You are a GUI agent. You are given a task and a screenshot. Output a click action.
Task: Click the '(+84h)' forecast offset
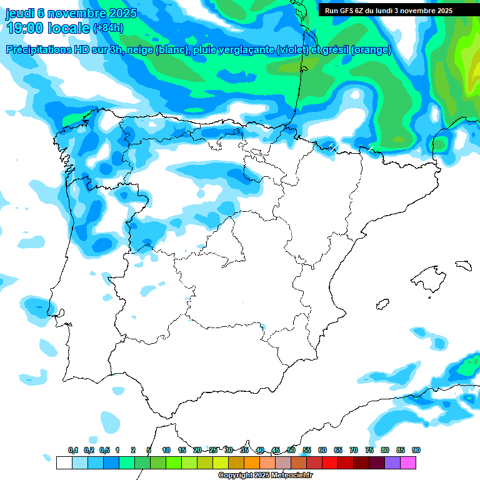tap(108, 28)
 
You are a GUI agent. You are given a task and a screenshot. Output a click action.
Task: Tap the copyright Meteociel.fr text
tap(266, 475)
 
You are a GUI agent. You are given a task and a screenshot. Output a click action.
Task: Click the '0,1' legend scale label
tap(73, 451)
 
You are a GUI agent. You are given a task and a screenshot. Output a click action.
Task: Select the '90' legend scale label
tap(416, 451)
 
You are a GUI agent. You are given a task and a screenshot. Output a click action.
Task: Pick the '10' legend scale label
tap(166, 451)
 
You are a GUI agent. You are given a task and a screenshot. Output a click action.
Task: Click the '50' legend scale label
tap(291, 451)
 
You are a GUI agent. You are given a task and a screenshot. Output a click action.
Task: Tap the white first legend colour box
tap(64, 462)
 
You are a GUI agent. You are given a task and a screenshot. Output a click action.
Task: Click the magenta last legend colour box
tap(408, 462)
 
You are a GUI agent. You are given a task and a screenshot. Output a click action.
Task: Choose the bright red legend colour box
tap(330, 462)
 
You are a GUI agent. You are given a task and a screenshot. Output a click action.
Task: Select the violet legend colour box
tap(392, 462)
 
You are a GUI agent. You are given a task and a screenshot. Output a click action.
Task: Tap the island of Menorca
tap(462, 265)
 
